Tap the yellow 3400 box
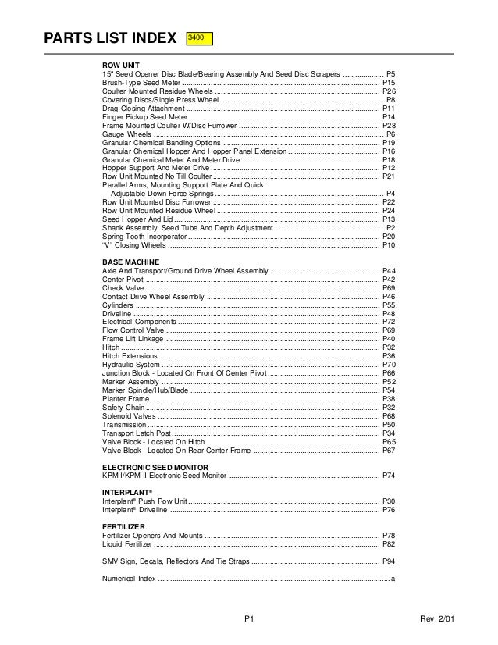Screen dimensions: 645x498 199,37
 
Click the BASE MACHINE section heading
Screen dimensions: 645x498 130,262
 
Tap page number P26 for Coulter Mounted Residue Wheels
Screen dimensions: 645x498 389,91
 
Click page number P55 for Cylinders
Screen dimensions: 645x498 389,305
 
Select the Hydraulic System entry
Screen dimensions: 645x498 130,365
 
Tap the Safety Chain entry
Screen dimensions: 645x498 124,407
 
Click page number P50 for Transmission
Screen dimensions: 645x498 389,424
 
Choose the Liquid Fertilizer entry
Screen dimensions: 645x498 128,543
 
